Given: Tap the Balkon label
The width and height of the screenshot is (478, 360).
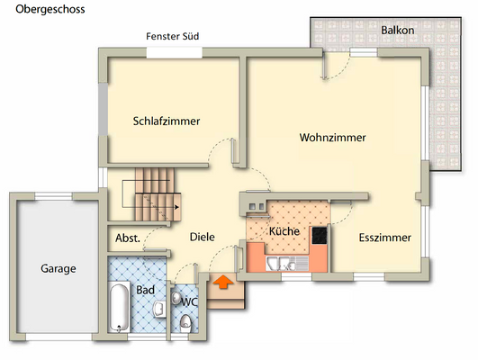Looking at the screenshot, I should click(397, 31).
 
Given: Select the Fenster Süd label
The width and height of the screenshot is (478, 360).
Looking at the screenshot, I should click(172, 37).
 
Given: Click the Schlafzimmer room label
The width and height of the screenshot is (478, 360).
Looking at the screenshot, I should click(166, 121).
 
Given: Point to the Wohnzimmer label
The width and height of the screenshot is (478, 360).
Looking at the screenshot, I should click(332, 138).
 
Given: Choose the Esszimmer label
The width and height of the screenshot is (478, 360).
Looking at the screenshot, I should click(384, 238).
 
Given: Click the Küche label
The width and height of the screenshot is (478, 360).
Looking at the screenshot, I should click(284, 231).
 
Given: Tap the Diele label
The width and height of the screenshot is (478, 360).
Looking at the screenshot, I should click(202, 238).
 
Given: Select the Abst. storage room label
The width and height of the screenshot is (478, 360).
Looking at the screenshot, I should click(127, 238).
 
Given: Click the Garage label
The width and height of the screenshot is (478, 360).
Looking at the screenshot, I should click(58, 268).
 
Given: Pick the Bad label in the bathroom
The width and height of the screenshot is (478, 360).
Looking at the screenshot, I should click(144, 290).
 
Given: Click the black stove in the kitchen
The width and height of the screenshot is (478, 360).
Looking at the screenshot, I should click(319, 235).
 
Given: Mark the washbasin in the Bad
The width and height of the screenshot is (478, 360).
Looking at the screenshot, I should click(158, 310).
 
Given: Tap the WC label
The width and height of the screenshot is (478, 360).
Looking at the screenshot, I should click(189, 301).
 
